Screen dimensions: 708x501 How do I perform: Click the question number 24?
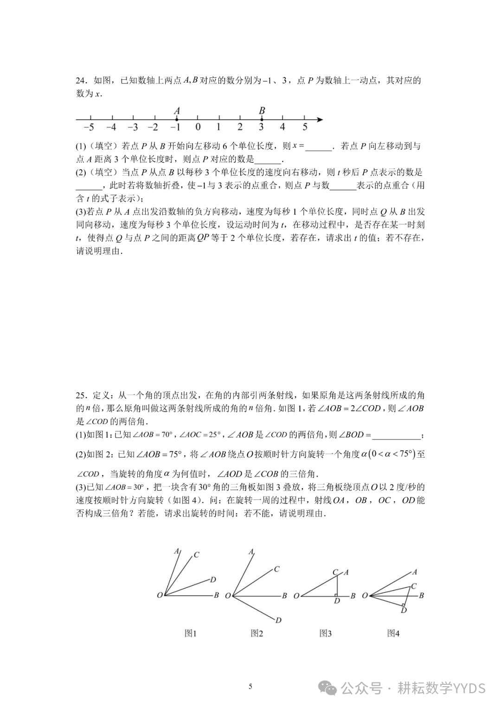tap(81, 81)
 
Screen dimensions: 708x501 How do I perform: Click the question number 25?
tap(81, 395)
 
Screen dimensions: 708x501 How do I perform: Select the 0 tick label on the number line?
tap(198, 127)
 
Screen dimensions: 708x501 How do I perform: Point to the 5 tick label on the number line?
tap(305, 127)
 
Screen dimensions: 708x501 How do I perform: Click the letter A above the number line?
tap(177, 111)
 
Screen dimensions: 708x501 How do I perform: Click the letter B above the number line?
tap(262, 111)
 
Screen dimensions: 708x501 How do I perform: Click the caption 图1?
tap(191, 633)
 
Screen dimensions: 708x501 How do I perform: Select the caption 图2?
tap(257, 633)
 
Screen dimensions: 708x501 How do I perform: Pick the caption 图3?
tap(326, 633)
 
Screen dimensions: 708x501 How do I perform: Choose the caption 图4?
tap(393, 633)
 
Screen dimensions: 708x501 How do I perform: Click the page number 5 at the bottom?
tap(250, 687)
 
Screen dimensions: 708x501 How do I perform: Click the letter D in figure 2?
tap(279, 620)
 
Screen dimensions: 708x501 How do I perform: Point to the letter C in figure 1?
tap(197, 555)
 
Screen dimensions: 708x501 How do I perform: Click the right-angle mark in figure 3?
tap(335, 594)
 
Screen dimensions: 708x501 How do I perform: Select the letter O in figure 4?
tap(365, 595)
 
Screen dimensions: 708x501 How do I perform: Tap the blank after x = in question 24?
tap(319, 147)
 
